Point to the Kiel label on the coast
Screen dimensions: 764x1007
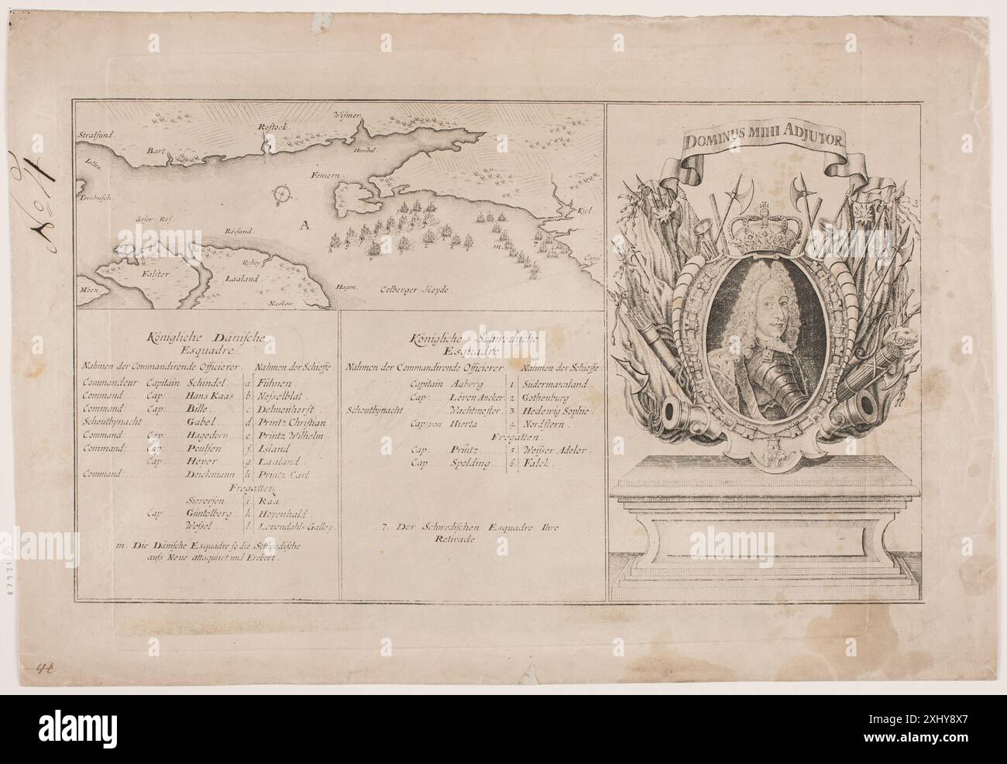tap(585, 210)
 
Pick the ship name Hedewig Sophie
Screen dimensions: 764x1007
tap(555, 410)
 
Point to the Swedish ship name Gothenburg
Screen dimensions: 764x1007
tap(548, 396)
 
